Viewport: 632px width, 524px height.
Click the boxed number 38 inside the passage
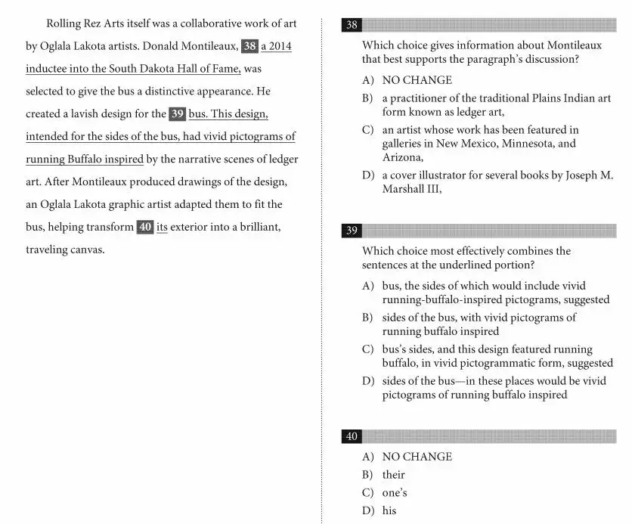click(249, 46)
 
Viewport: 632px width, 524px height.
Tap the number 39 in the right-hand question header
click(352, 231)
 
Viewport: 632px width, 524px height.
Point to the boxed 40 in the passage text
click(145, 227)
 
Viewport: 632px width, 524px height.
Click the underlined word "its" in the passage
click(162, 227)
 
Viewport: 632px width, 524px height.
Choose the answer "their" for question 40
click(393, 475)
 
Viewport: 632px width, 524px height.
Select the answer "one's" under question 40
click(395, 493)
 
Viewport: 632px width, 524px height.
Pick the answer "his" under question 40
click(389, 510)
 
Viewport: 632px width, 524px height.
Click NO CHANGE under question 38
click(417, 80)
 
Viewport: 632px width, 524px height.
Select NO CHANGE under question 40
click(417, 457)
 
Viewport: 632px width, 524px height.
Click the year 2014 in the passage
click(278, 46)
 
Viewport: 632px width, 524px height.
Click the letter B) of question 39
click(367, 318)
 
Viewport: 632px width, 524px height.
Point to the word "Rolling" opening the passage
click(65, 23)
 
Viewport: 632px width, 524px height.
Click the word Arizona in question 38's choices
click(401, 157)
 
